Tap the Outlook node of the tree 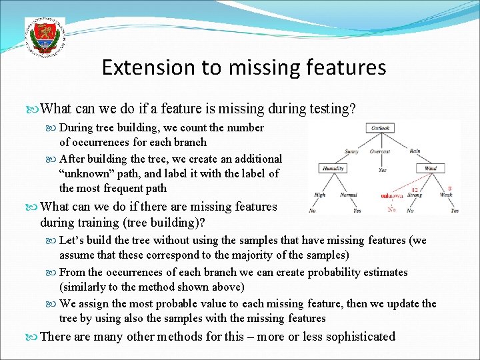coord(381,127)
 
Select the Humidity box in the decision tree coord(333,169)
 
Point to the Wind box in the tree coord(431,169)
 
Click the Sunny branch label coord(352,151)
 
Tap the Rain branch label coord(415,151)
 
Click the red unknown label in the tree coord(391,196)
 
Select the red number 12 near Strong coord(413,189)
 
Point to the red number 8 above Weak coord(451,188)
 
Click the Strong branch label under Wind coord(415,195)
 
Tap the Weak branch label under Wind coord(446,195)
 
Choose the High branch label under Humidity coord(320,195)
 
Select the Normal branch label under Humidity coord(348,195)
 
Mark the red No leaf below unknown coord(392,210)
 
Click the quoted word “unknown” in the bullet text coord(83,173)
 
